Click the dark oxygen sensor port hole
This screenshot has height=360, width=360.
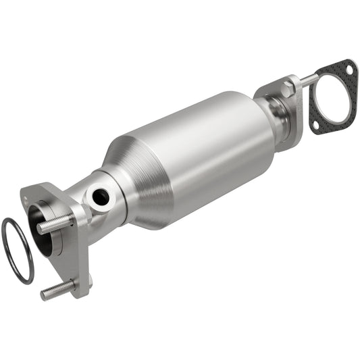(x=101, y=197)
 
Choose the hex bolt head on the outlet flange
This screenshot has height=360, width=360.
(x=286, y=88)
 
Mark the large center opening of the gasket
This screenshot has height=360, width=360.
(x=332, y=99)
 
